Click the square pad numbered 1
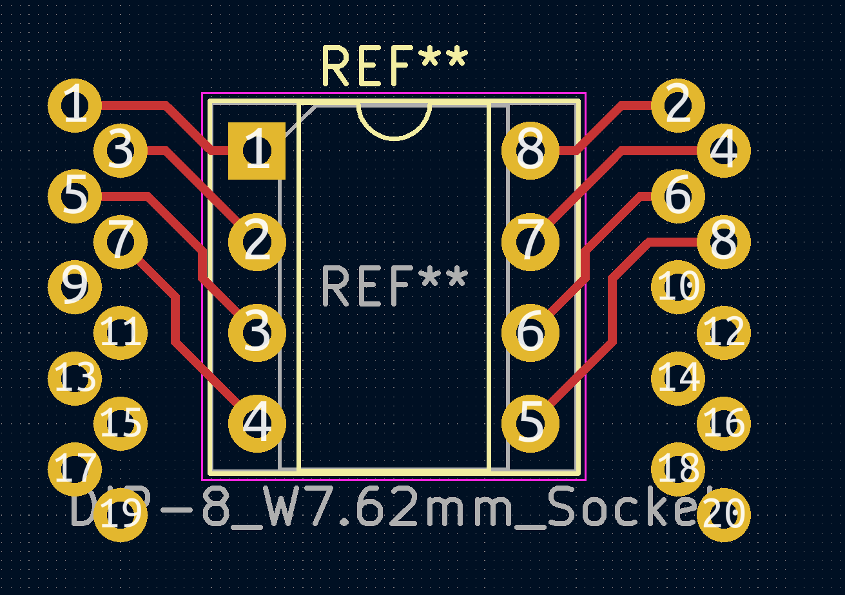[x=257, y=151]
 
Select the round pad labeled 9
[x=75, y=287]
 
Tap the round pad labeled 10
[x=677, y=287]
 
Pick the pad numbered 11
[x=121, y=333]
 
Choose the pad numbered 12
[x=723, y=333]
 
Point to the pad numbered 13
[x=75, y=379]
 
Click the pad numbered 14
[x=677, y=379]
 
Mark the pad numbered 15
[x=121, y=424]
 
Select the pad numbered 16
[x=723, y=424]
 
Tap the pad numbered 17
[x=75, y=469]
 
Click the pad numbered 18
[x=677, y=469]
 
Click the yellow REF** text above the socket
[x=394, y=66]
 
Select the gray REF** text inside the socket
[x=394, y=286]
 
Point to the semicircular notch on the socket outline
[x=394, y=122]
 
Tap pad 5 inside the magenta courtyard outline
[x=530, y=424]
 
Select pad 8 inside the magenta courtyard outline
[x=530, y=151]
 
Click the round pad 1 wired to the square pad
[x=75, y=106]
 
